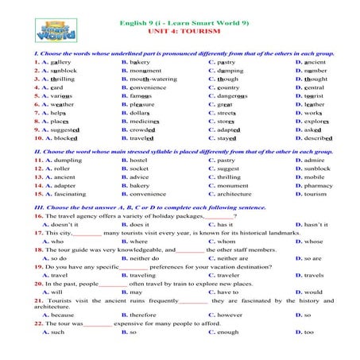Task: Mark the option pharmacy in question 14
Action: click(x=319, y=185)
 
